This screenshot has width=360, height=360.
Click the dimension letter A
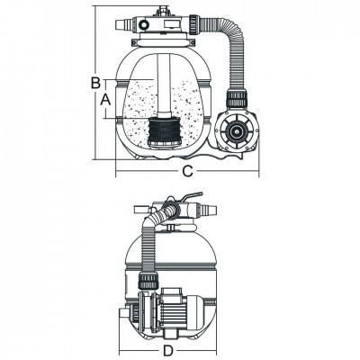106,102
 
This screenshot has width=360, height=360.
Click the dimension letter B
94,84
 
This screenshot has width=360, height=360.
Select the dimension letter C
186,170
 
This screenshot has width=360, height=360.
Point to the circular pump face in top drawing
237,132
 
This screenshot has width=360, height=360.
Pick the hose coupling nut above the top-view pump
238,96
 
